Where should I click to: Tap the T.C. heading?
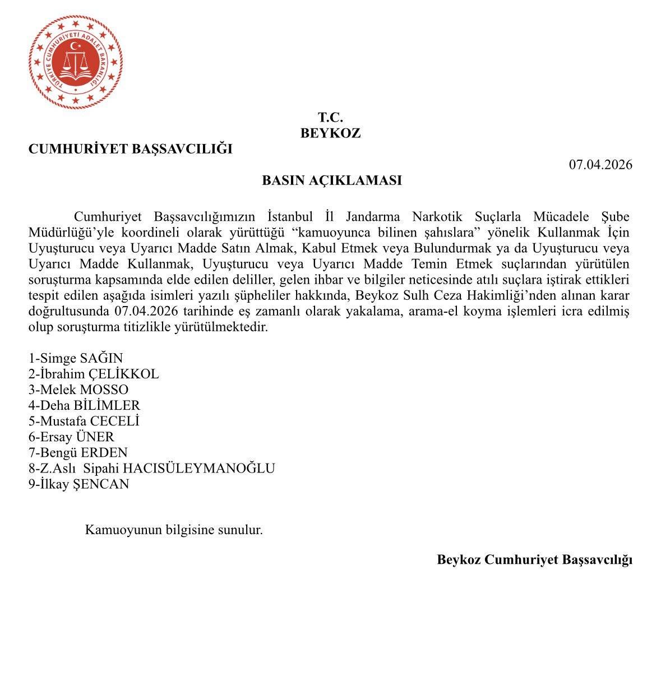click(x=330, y=118)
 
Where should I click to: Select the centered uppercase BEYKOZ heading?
click(x=330, y=133)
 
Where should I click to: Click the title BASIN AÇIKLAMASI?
click(x=332, y=180)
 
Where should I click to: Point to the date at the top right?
click(x=600, y=165)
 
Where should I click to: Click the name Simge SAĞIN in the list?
click(x=75, y=358)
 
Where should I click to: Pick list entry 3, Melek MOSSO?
click(x=78, y=390)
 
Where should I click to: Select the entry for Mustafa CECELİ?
click(x=84, y=421)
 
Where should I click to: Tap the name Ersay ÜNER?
click(x=71, y=437)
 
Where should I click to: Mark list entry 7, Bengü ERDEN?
click(x=78, y=452)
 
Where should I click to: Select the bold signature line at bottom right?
click(x=534, y=559)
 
